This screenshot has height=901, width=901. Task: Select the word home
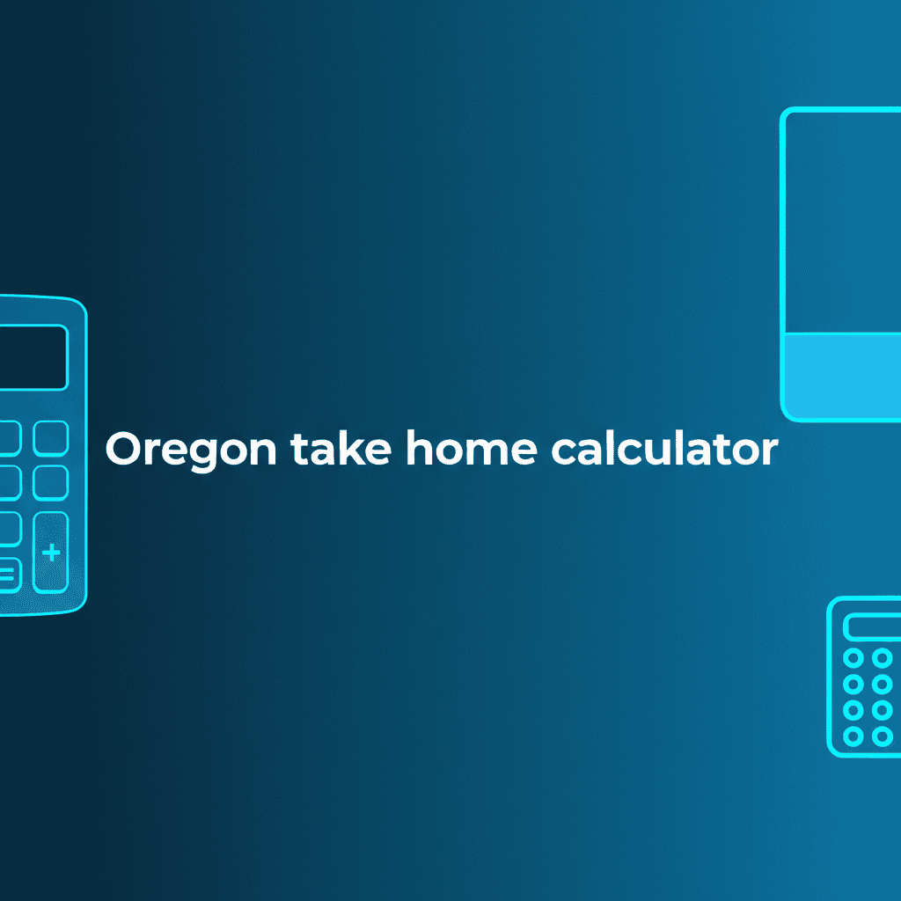tap(471, 450)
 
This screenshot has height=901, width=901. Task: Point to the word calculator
tap(664, 450)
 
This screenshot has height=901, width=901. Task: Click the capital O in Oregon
tap(123, 450)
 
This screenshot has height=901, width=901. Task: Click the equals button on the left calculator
tap(7, 575)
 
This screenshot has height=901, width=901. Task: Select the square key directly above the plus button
tap(50, 482)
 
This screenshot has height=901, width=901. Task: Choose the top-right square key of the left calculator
tap(50, 437)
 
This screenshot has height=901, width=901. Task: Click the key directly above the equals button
tap(7, 529)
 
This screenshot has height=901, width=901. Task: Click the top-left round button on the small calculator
tap(853, 658)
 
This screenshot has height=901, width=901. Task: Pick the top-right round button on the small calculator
tap(882, 658)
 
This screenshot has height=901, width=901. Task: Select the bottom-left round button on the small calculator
tap(853, 735)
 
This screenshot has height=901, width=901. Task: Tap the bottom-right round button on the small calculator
tap(882, 735)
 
